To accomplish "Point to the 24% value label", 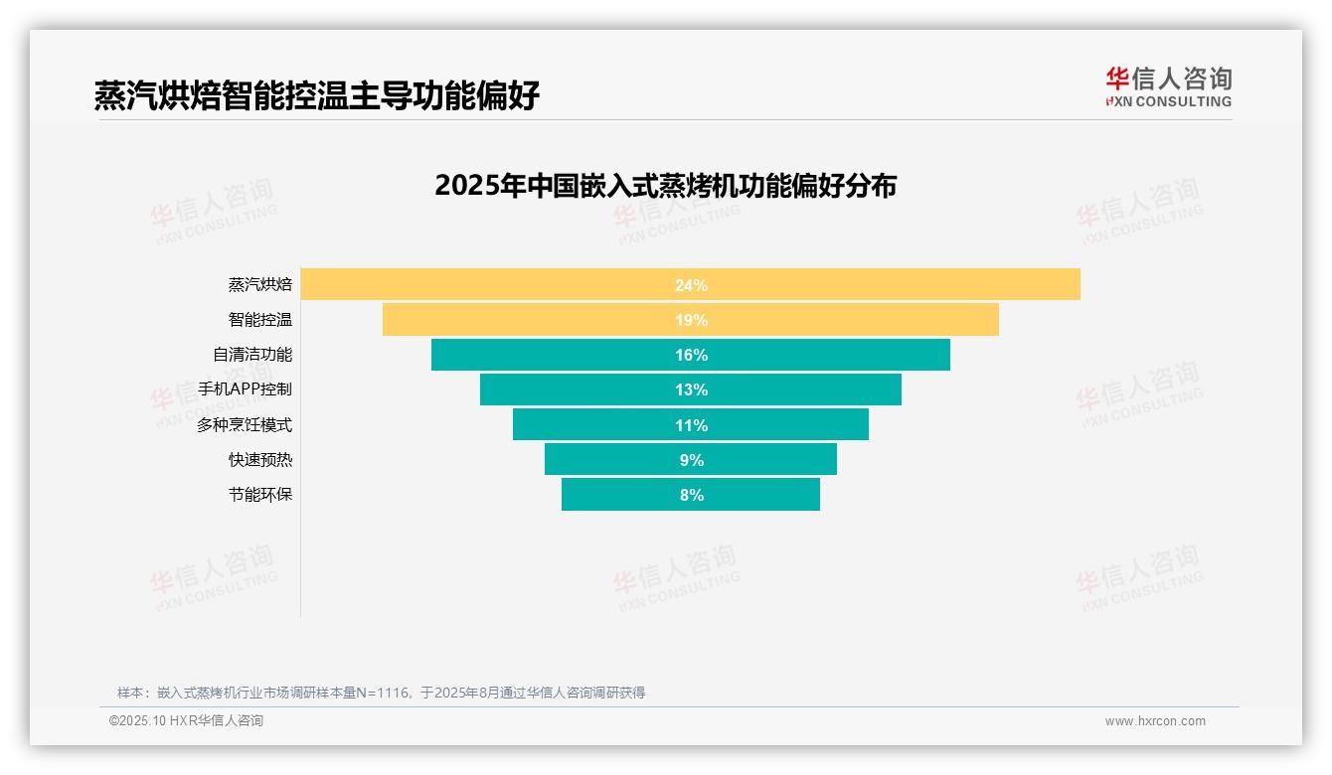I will click(x=691, y=285).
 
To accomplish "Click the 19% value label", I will click(x=691, y=320).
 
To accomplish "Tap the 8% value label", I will click(x=692, y=495).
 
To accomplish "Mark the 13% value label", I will click(x=691, y=389).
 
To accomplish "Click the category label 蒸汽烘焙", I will click(x=260, y=285).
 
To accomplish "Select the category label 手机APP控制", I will click(x=245, y=389).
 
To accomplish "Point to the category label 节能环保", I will click(x=260, y=495).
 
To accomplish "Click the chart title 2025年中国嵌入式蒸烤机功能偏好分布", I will click(x=665, y=186).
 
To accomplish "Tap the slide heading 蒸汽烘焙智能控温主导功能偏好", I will click(x=317, y=95).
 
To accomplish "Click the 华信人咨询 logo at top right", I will click(x=1168, y=86).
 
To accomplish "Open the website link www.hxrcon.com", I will click(x=1155, y=721).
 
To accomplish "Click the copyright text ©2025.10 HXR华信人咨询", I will click(x=186, y=721).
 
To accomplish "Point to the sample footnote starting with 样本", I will click(x=381, y=693).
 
